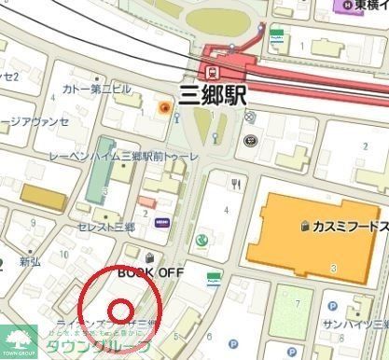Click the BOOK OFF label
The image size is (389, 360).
[151, 272]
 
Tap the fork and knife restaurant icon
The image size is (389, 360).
[237, 183]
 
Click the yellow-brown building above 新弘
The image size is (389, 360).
[44, 197]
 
